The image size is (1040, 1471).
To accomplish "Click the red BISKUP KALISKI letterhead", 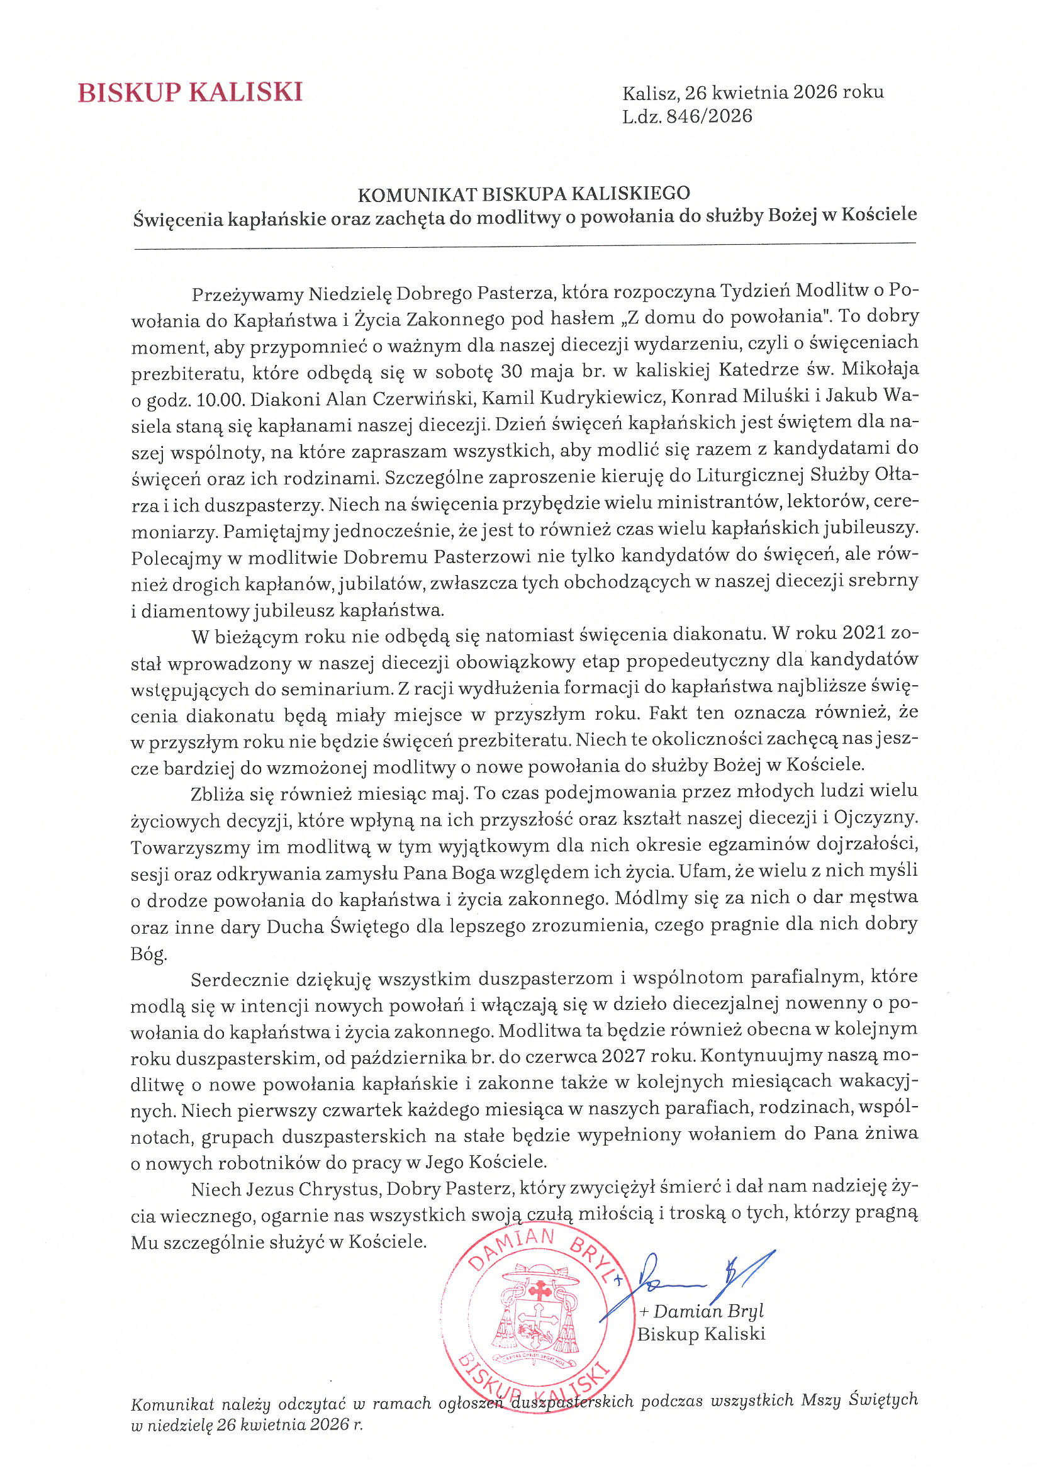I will point(189,92).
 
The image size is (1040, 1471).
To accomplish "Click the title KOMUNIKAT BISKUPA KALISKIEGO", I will point(523,194).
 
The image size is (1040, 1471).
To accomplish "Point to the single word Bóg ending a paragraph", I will point(148,954).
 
